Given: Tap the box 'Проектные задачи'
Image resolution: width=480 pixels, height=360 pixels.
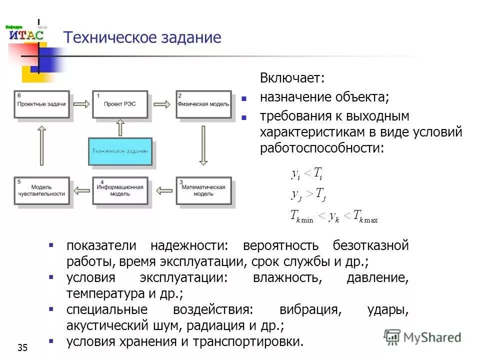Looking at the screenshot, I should tap(41, 104).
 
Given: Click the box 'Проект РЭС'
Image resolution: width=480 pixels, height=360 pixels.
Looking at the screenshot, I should tap(120, 104).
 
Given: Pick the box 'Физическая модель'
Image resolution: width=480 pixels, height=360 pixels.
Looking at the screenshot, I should tap(203, 104).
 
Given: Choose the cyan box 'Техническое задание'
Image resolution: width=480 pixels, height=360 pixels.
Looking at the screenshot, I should tap(120, 151).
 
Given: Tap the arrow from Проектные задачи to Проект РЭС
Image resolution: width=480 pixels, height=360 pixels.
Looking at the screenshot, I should tap(80, 104).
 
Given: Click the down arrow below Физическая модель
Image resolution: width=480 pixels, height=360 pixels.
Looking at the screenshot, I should tap(203, 145).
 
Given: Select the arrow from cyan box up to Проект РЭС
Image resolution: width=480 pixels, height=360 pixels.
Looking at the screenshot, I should tap(120, 127).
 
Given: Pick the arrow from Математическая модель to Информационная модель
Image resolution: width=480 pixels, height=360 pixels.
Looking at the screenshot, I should tap(162, 190).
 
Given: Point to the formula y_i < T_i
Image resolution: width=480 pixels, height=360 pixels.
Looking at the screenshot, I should tap(307, 173).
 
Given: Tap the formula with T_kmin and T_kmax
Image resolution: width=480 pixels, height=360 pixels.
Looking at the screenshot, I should tap(334, 216).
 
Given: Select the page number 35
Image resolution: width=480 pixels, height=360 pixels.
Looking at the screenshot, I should tap(22, 348).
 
